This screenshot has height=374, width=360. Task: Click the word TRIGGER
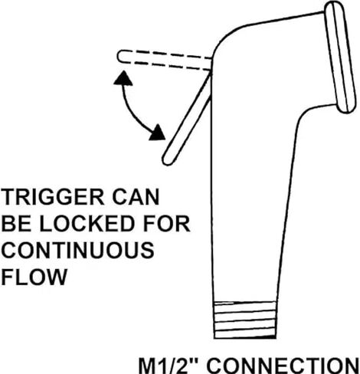[x=53, y=196]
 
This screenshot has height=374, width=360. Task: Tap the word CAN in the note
[x=136, y=196]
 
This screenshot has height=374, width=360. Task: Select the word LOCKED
[x=87, y=223]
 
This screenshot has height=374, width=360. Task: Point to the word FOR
[x=167, y=223]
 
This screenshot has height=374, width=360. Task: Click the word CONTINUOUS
[x=78, y=250]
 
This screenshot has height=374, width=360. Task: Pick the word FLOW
[x=34, y=277]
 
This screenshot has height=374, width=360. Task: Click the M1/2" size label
[x=169, y=366]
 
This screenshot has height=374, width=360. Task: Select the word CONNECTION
[x=283, y=366]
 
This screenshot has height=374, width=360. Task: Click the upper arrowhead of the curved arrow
[x=123, y=78]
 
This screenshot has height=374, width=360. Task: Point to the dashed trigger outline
[x=165, y=60]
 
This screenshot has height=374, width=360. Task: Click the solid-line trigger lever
[x=187, y=120]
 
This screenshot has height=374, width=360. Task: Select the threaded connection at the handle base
[x=244, y=320]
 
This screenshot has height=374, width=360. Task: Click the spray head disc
[x=340, y=57]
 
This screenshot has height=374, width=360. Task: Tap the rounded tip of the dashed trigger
[x=119, y=56]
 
